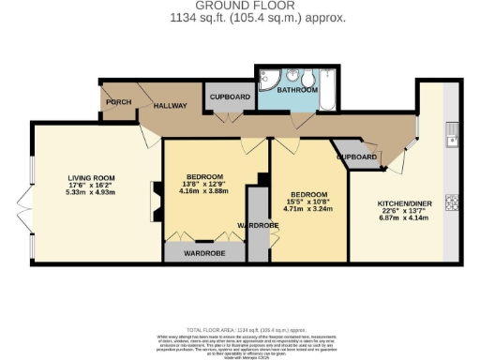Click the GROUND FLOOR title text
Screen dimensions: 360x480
click(x=239, y=6)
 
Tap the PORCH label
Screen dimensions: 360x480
click(x=118, y=101)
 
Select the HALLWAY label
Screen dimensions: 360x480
click(x=171, y=106)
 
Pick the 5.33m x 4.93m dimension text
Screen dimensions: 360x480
click(x=90, y=192)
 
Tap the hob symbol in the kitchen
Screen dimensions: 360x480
click(x=452, y=200)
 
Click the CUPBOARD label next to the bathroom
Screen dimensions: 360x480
click(x=229, y=97)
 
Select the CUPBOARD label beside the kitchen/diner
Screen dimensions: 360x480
click(x=357, y=157)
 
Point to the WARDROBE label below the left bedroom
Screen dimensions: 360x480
click(x=202, y=252)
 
